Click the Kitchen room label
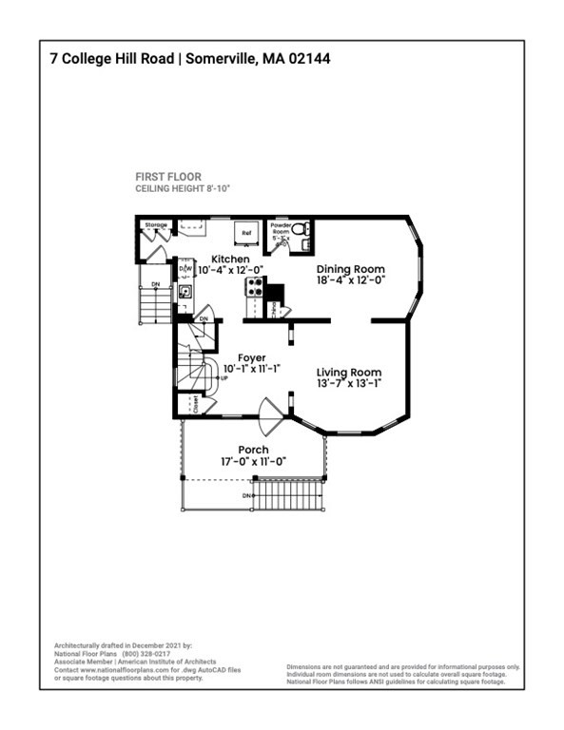tap(230, 259)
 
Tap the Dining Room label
tap(349, 269)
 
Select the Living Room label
tap(349, 373)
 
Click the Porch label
tap(253, 450)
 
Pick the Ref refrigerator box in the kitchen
tap(245, 232)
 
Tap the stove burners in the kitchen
tap(254, 286)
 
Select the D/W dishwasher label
tap(186, 270)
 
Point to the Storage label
tap(156, 225)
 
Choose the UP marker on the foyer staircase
tap(224, 378)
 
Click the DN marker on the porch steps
tap(246, 496)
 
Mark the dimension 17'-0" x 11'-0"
tap(253, 461)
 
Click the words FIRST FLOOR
tap(168, 177)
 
